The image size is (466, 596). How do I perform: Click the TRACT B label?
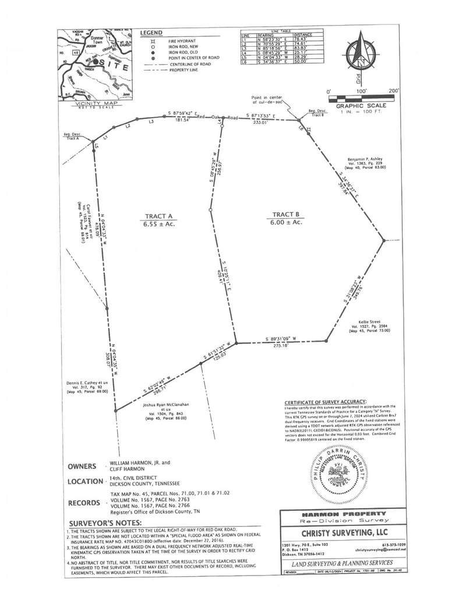coord(285,214)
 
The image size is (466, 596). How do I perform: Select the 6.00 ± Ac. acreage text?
coord(285,222)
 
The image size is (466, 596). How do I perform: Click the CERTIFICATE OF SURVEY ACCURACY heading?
coord(325,402)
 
